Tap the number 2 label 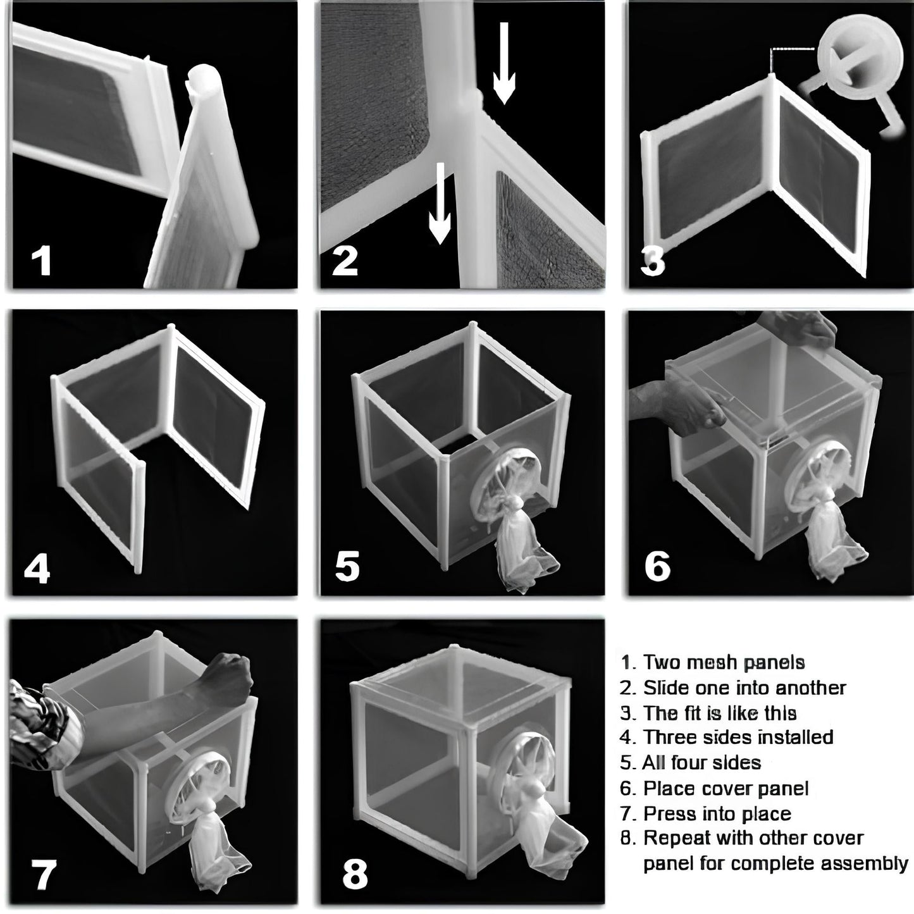[x=345, y=261]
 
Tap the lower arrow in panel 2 [x=440, y=203]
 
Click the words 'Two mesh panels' [x=724, y=663]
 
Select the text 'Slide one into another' [x=744, y=688]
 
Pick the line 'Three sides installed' [x=738, y=737]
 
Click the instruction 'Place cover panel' [x=726, y=788]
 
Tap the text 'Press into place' [x=717, y=814]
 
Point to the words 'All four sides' [x=701, y=762]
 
